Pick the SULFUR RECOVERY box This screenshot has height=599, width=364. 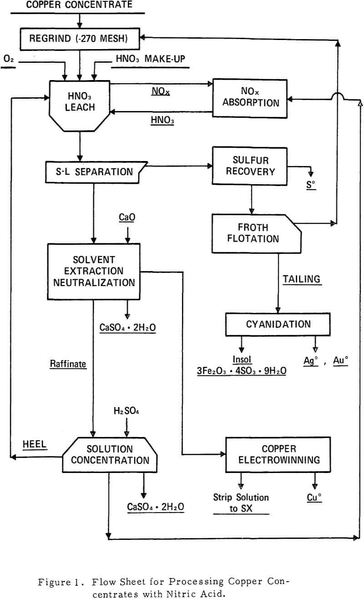tap(250, 166)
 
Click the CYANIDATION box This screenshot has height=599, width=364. tap(278, 324)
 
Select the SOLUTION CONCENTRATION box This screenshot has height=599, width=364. tap(110, 454)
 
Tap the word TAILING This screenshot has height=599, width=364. tap(301, 279)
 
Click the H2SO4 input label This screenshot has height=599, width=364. tap(126, 411)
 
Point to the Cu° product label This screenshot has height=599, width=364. tap(314, 498)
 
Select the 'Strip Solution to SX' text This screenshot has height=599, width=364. tap(241, 503)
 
